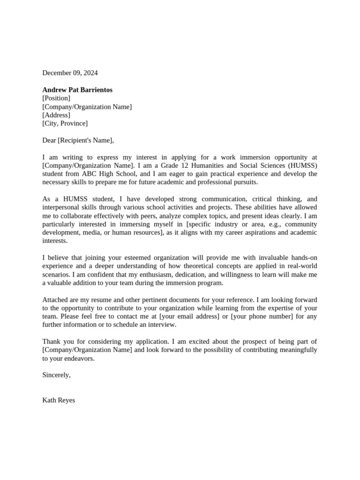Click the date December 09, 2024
pyautogui.click(x=70, y=73)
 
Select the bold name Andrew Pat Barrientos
pyautogui.click(x=77, y=90)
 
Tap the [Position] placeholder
pyautogui.click(x=56, y=98)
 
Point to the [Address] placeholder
pyautogui.click(x=56, y=115)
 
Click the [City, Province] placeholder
pyautogui.click(x=65, y=124)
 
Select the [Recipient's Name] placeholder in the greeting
pyautogui.click(x=85, y=140)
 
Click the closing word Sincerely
pyautogui.click(x=56, y=375)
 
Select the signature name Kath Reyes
pyautogui.click(x=59, y=400)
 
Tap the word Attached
pyautogui.click(x=55, y=300)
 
